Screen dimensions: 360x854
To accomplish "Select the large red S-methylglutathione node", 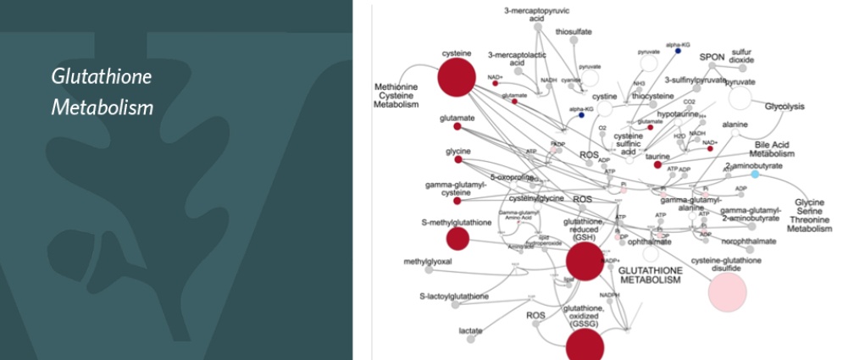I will [457, 238].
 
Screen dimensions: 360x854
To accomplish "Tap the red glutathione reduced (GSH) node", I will [585, 261].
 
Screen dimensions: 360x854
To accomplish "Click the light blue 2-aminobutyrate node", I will [755, 174].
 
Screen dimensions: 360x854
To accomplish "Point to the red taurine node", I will [657, 164].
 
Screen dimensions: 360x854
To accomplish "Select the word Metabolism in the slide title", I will [102, 108].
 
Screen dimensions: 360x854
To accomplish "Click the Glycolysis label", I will [785, 107].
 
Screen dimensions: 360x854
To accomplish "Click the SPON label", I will [712, 58].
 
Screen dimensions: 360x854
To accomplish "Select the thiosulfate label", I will [574, 32].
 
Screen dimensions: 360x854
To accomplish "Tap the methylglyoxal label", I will [428, 262].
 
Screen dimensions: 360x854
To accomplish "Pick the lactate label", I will [470, 330].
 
